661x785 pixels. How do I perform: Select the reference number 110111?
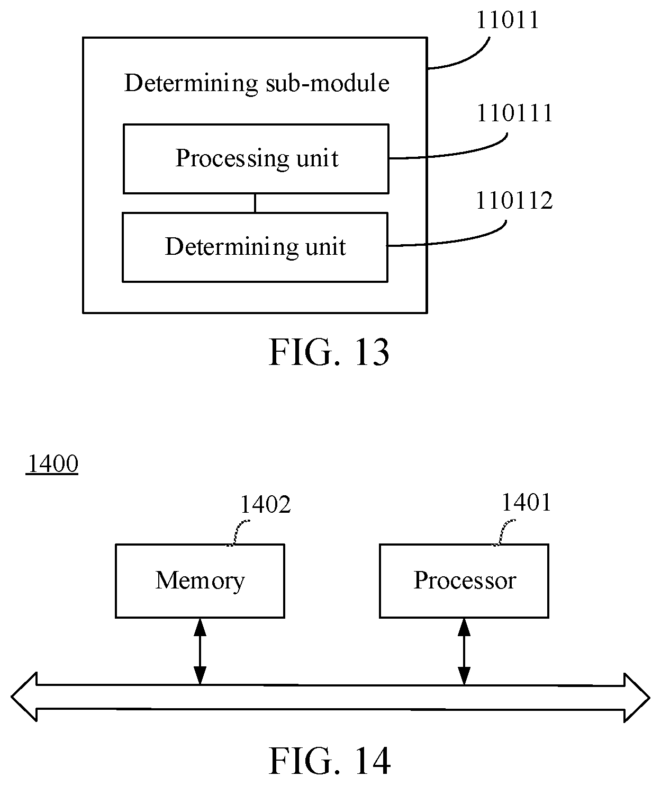[514, 113]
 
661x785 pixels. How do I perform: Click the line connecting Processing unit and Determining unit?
[255, 203]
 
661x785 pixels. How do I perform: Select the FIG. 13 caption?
[329, 352]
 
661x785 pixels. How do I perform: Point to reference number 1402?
[265, 504]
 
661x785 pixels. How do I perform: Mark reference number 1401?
[527, 502]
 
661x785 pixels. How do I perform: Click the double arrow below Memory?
[200, 652]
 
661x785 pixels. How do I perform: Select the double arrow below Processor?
[464, 652]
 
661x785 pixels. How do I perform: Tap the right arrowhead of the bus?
[637, 698]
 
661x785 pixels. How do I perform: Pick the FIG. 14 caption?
[330, 761]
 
